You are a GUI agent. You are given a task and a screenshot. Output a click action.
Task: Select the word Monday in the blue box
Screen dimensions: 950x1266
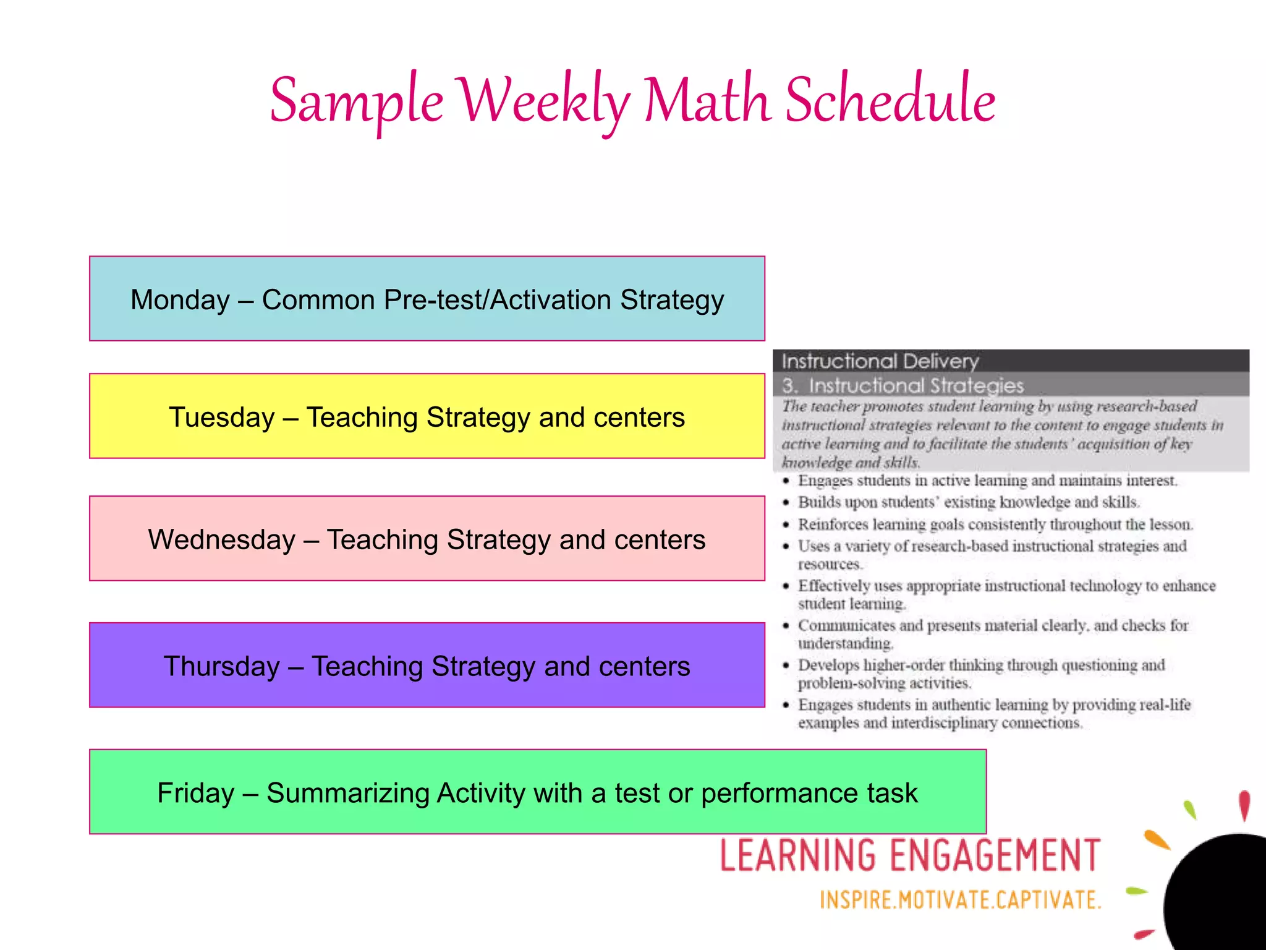coord(180,300)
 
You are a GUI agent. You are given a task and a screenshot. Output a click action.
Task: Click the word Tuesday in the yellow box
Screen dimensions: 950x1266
coord(221,417)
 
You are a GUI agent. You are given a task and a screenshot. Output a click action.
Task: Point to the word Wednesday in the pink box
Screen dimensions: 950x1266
coord(221,540)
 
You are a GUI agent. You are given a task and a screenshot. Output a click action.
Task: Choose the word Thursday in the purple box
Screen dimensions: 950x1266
coord(221,667)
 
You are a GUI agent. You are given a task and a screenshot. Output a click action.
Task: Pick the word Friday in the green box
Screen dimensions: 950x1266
coord(195,794)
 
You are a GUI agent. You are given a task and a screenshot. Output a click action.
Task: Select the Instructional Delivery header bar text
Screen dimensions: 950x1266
coord(880,361)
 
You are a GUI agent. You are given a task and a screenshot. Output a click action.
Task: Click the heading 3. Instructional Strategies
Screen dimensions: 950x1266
coord(903,386)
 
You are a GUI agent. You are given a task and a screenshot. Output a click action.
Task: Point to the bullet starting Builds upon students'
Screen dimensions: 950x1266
coord(968,502)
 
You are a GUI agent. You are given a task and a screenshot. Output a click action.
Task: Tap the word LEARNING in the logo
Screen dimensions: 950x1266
coord(798,856)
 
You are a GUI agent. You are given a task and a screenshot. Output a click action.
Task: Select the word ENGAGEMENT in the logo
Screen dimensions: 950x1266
coord(995,856)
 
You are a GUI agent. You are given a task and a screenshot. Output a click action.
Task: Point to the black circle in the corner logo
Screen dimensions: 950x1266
coord(1221,897)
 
